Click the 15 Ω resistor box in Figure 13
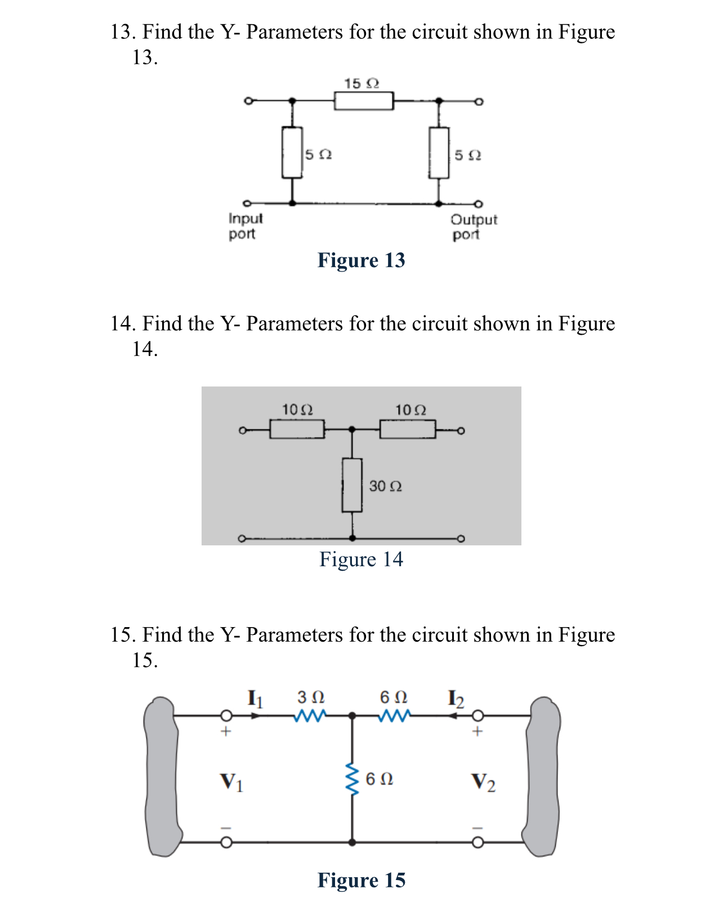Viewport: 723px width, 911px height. point(364,101)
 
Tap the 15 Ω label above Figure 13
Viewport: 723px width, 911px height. point(361,83)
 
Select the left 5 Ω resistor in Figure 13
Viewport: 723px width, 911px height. point(292,153)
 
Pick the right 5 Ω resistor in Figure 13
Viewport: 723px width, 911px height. point(439,153)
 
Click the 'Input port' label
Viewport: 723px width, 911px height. point(246,226)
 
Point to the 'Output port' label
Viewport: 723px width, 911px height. point(474,227)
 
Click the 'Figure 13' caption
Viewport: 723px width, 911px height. point(361,260)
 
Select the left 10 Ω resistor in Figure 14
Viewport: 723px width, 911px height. point(297,430)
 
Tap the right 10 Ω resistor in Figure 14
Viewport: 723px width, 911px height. point(407,430)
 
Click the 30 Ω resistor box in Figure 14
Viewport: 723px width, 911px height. point(352,485)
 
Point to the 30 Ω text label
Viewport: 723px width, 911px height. point(385,486)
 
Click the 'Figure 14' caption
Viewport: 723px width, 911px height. point(361,559)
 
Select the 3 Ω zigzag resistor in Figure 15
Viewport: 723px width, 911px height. point(310,716)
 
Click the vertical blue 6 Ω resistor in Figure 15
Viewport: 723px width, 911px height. point(352,780)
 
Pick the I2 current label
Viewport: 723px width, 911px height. point(456,699)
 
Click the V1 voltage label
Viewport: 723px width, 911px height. point(231,782)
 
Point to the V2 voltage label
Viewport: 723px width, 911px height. point(483,782)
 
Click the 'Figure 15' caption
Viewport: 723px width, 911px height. point(361,881)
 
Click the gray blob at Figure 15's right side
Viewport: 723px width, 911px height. point(543,777)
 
